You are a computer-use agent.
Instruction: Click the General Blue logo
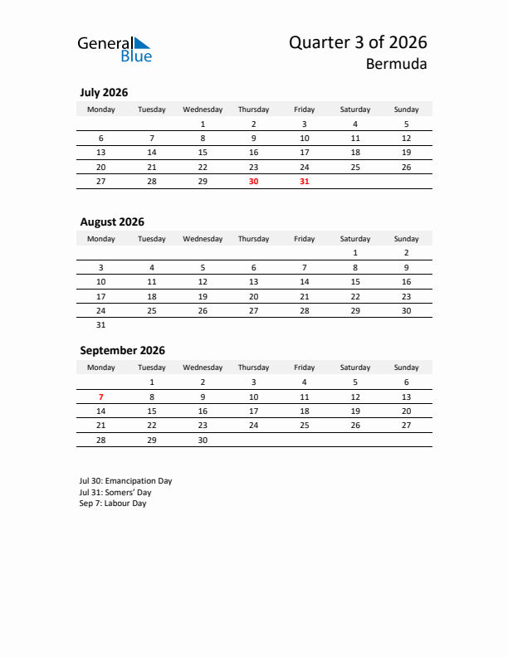115,49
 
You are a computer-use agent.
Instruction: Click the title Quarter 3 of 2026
358,42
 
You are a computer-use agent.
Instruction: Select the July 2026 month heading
104,93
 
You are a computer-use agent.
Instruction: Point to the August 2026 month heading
112,221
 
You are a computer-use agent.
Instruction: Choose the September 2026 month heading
122,350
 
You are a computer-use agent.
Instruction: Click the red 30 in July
253,182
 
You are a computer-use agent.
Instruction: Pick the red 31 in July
304,182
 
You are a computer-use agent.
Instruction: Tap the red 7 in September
101,397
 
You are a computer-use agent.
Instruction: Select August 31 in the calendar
101,325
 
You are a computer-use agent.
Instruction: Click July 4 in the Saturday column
355,124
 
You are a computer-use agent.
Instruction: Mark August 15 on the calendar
355,282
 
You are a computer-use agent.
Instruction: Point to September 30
203,440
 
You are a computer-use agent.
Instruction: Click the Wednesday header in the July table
203,109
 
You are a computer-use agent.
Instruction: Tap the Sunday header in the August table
406,239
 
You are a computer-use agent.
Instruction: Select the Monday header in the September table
101,367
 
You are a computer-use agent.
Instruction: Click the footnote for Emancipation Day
126,480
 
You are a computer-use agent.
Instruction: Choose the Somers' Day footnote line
115,492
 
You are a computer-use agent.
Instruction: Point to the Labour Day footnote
113,504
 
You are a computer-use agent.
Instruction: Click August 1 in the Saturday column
355,253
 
